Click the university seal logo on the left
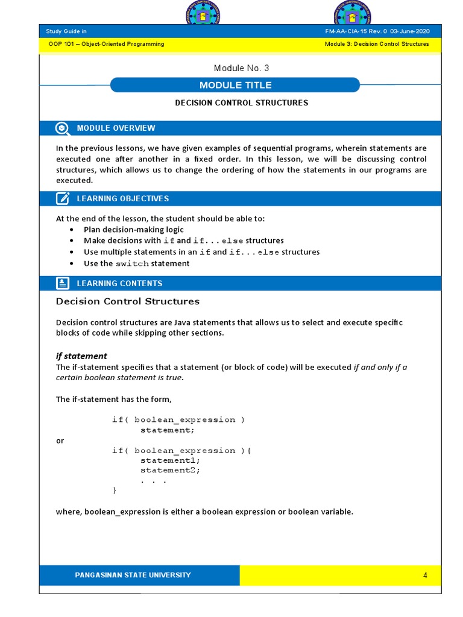coord(203,13)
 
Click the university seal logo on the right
coord(353,13)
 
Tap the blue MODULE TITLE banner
coord(235,85)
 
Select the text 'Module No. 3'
coord(241,68)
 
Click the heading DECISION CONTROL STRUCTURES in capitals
coord(241,103)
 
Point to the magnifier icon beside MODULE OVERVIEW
coord(62,128)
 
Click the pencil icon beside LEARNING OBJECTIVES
coord(62,199)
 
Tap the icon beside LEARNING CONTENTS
coord(62,283)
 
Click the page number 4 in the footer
coord(425,575)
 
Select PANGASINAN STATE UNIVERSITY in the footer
coord(133,575)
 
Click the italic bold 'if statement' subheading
coord(81,356)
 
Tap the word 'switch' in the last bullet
coord(132,264)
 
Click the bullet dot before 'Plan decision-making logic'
coord(72,230)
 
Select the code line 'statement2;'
coord(170,470)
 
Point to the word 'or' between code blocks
coord(60,440)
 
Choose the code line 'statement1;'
coord(170,460)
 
